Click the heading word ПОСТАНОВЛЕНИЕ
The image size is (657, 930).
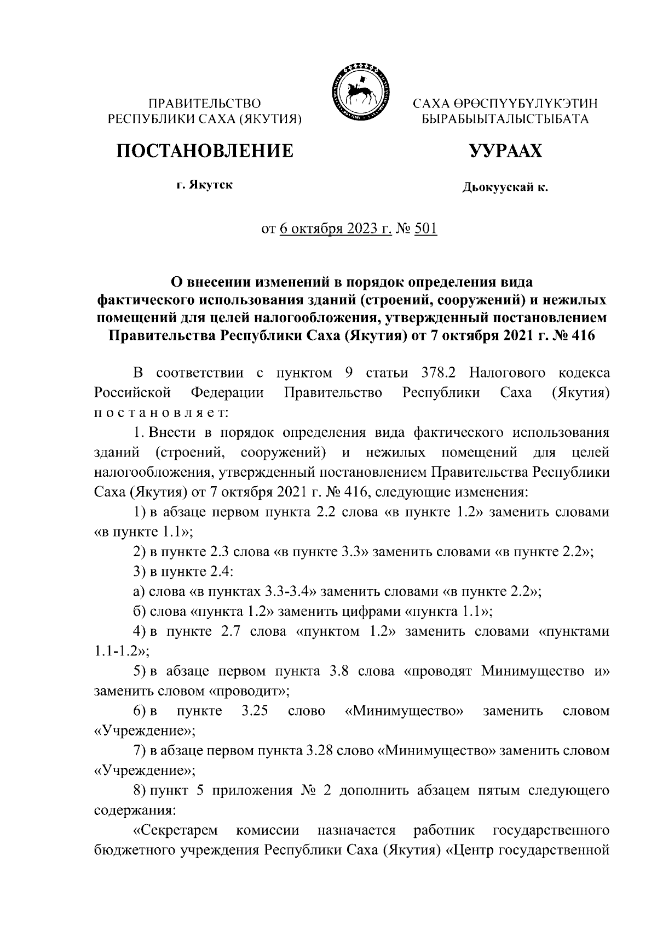click(203, 150)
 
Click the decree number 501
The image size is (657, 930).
click(426, 229)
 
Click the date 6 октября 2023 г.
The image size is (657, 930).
click(336, 229)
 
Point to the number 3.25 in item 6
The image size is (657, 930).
click(253, 711)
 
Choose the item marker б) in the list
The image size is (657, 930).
click(140, 612)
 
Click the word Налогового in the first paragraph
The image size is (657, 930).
click(508, 374)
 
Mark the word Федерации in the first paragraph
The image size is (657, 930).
click(227, 393)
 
